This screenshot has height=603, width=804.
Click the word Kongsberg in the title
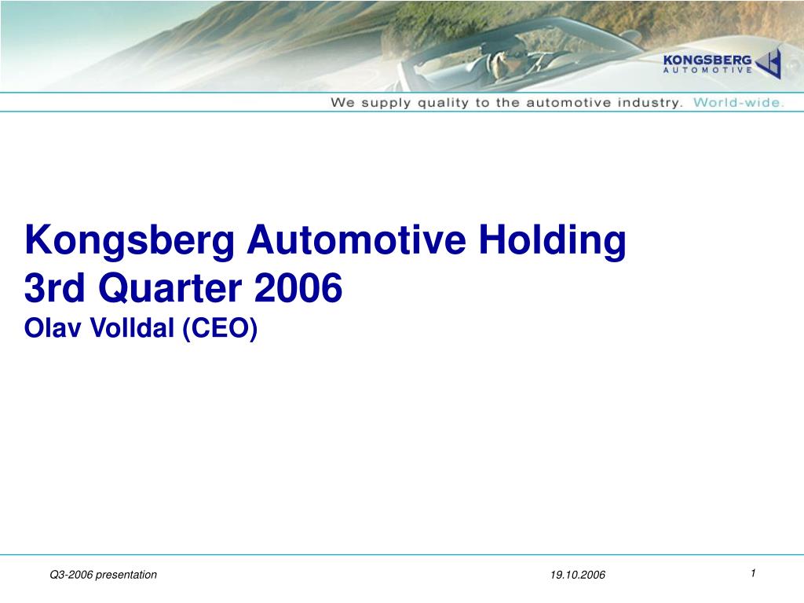coord(130,241)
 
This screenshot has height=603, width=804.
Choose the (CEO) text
coord(221,328)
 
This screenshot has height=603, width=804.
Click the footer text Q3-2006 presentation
coord(103,575)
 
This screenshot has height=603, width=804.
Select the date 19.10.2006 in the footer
coord(578,575)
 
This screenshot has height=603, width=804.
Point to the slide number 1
coord(752,573)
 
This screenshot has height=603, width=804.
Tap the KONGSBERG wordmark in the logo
coord(707,60)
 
